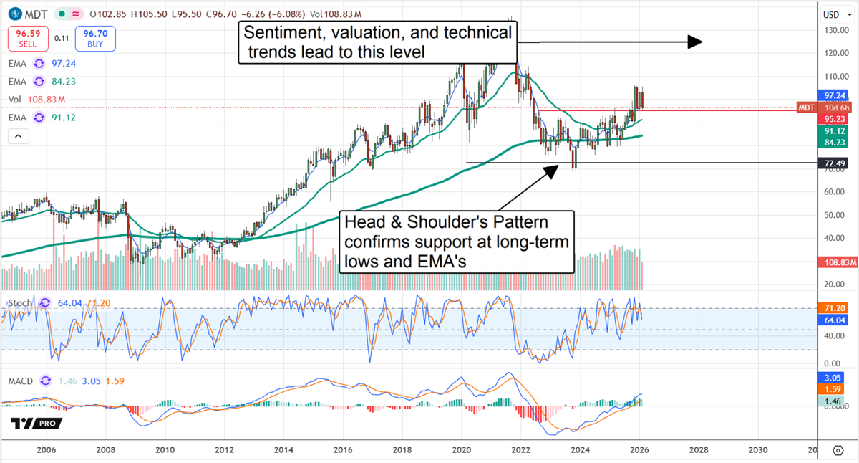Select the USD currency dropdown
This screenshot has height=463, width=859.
pyautogui.click(x=831, y=14)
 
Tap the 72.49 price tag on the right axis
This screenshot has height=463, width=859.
pyautogui.click(x=831, y=163)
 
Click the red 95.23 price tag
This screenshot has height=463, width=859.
pyautogui.click(x=831, y=119)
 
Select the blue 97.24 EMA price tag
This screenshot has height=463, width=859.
pyautogui.click(x=831, y=95)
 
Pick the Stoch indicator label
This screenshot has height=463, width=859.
pyautogui.click(x=20, y=303)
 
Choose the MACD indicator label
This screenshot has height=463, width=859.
pyautogui.click(x=20, y=381)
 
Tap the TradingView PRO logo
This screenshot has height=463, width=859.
pyautogui.click(x=37, y=424)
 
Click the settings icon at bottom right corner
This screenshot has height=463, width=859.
pyautogui.click(x=838, y=450)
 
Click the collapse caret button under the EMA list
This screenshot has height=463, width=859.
pyautogui.click(x=18, y=136)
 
